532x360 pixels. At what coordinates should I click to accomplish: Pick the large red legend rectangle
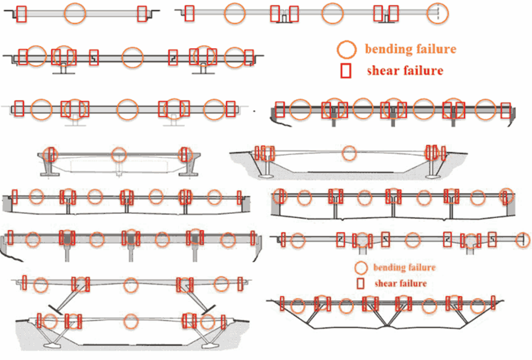346,70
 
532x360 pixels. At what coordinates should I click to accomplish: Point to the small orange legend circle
361,267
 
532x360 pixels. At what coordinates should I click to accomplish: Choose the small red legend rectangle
361,283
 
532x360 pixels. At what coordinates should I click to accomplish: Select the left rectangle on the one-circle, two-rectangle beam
21,14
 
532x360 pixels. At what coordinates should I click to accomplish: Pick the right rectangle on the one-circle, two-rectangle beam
142,14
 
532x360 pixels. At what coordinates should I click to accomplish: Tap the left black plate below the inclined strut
56,309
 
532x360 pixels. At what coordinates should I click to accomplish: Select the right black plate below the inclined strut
208,309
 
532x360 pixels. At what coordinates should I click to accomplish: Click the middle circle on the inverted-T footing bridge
119,155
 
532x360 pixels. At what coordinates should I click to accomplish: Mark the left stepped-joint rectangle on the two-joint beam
94,56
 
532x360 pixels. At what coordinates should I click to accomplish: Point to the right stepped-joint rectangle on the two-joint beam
173,56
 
